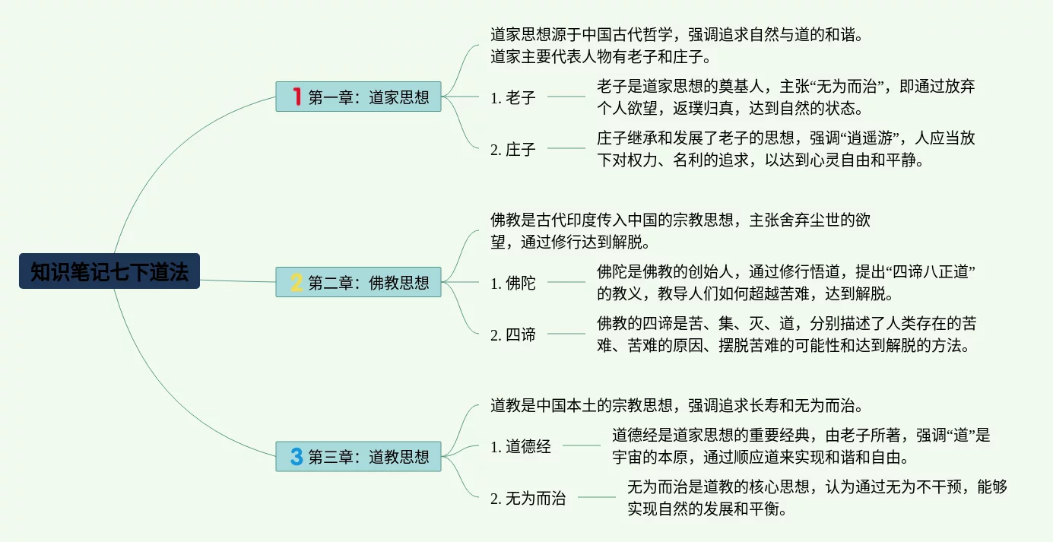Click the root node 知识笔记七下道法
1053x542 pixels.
click(109, 271)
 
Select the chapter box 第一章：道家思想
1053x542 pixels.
click(358, 97)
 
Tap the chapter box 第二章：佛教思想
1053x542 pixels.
click(358, 283)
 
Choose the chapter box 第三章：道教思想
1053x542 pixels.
click(358, 457)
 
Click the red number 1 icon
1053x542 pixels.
click(297, 97)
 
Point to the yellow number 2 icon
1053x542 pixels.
click(297, 283)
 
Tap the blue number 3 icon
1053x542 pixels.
click(297, 457)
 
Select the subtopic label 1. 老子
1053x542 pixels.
click(513, 97)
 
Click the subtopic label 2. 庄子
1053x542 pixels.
click(513, 149)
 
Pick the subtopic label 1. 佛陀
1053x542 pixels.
click(513, 284)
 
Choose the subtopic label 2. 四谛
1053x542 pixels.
click(513, 334)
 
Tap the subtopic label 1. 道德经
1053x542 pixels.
click(521, 447)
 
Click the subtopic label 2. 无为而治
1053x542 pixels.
click(528, 499)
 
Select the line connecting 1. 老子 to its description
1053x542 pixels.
click(566, 97)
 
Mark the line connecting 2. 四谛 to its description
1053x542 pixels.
click(566, 334)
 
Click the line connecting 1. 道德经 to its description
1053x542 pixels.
click(582, 446)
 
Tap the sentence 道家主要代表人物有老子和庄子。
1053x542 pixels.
click(601, 56)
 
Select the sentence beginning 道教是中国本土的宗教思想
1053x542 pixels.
click(676, 405)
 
